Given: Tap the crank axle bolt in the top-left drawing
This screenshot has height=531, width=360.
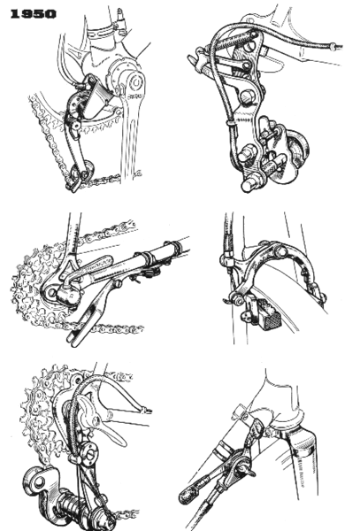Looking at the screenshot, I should [135, 86].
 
